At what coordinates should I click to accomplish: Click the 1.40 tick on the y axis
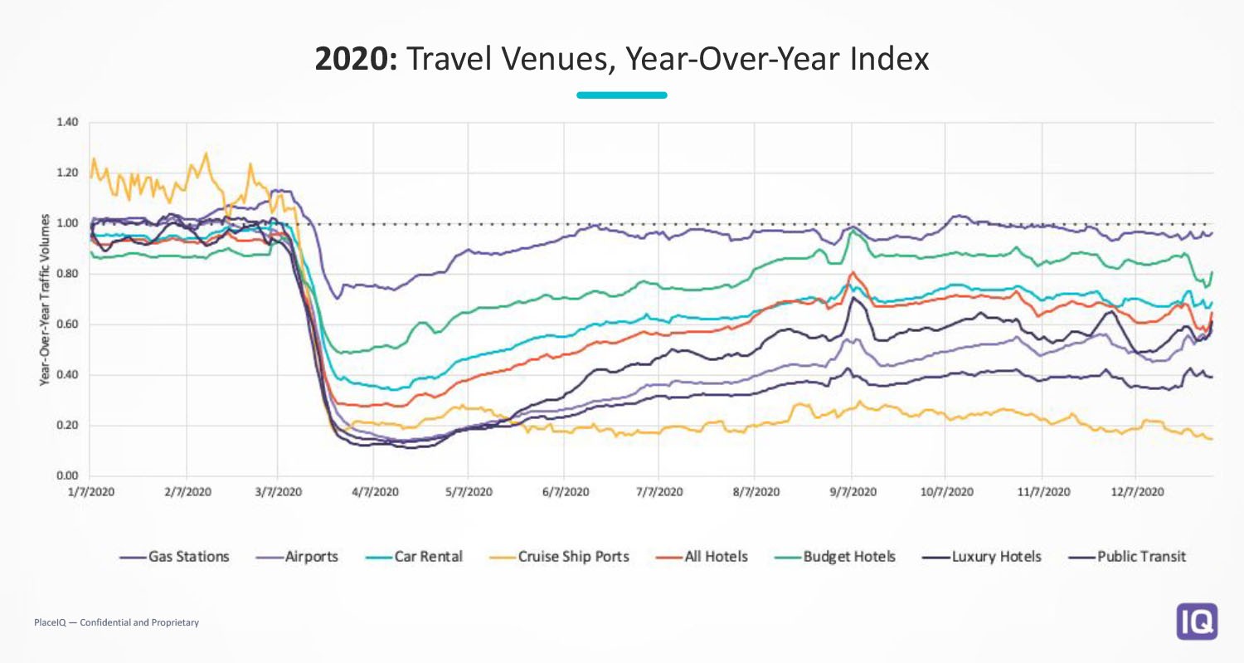coord(68,123)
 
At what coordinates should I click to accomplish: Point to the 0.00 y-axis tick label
coord(68,476)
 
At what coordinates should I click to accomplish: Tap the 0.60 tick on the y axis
coord(68,324)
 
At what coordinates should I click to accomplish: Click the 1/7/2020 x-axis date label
coord(91,492)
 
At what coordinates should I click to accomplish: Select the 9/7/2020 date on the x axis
coord(852,492)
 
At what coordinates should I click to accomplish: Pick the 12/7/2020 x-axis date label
coord(1138,492)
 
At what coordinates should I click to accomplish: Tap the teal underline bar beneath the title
coord(622,95)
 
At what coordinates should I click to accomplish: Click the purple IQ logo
coord(1197,621)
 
